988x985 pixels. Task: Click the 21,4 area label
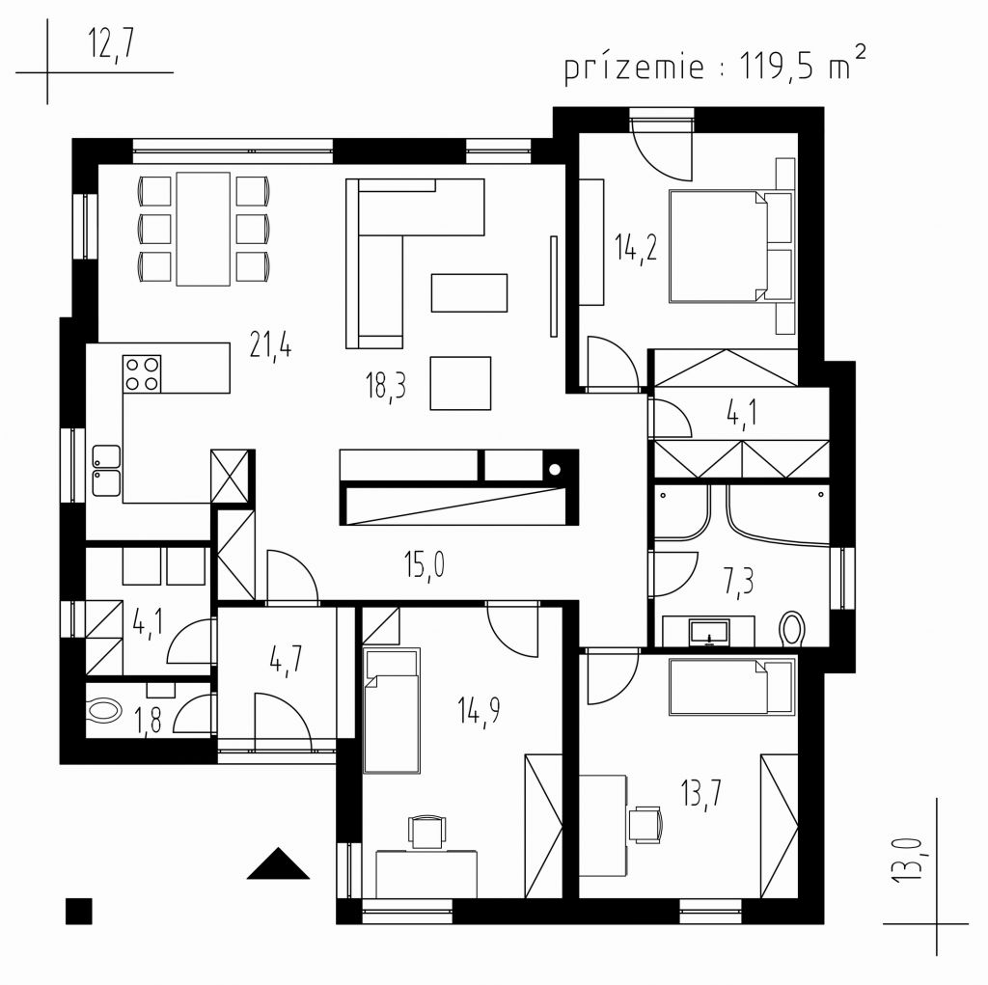pos(270,346)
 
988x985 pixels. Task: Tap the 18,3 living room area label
pos(386,386)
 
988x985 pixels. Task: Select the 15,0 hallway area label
pos(425,564)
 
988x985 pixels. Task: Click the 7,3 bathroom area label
pos(738,582)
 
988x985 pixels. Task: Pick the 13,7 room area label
pos(701,793)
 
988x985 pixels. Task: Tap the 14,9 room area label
pos(479,711)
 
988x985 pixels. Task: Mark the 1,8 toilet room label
pos(148,722)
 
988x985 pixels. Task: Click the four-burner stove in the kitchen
pos(142,373)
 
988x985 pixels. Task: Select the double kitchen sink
pos(106,470)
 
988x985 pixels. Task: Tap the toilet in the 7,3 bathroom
pos(793,628)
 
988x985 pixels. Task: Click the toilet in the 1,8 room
pos(105,711)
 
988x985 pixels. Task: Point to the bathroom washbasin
pos(709,633)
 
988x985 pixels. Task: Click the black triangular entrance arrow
pos(278,863)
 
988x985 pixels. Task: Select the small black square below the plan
pos(79,912)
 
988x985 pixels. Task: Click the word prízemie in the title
pos(634,68)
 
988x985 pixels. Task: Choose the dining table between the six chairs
pos(203,229)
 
